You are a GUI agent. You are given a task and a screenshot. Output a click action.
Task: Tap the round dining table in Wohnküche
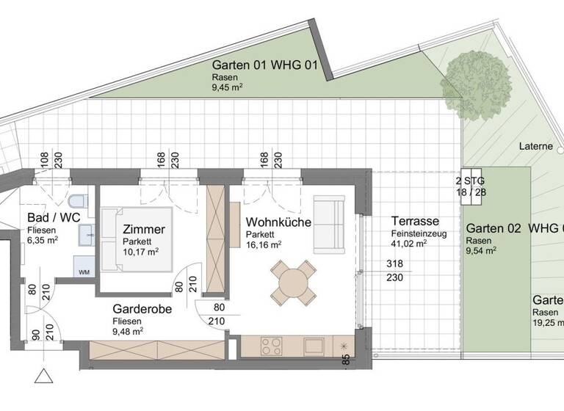click(292, 281)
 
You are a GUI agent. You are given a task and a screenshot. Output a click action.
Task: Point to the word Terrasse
click(415, 221)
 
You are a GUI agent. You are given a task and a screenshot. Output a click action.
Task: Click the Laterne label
click(535, 146)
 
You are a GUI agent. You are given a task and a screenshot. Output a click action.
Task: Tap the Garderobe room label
click(142, 309)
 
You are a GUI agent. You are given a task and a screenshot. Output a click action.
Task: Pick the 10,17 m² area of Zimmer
click(141, 252)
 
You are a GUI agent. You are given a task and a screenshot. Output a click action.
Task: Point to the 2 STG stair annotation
click(470, 180)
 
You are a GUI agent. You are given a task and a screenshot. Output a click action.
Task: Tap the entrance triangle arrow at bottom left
click(44, 377)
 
